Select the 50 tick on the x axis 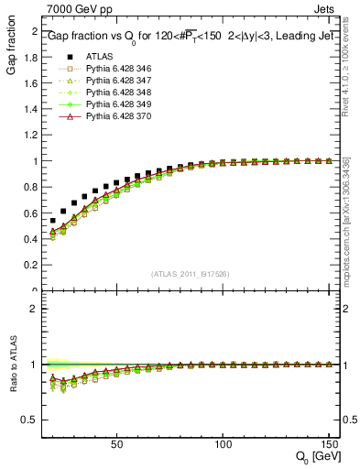pyautogui.click(x=116, y=444)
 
